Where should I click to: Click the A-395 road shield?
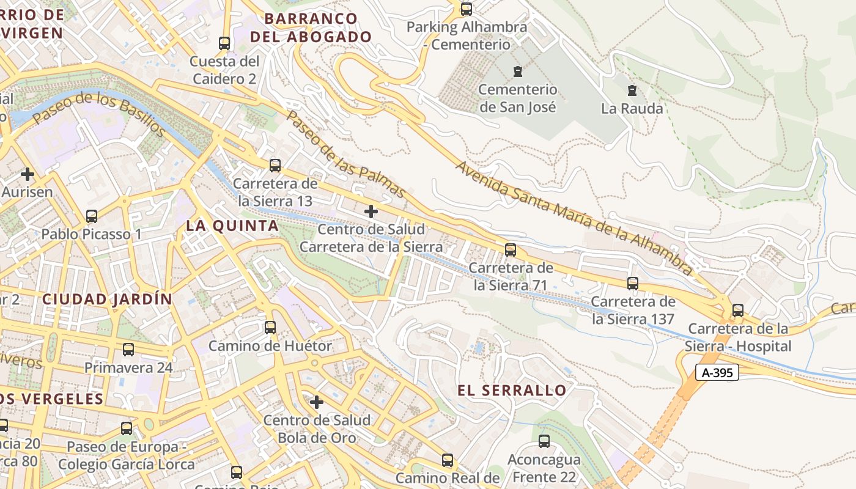point(717,372)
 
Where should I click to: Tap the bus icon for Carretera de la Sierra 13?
point(275,165)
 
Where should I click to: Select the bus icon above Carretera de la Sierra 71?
point(511,249)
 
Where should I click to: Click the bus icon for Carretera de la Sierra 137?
point(633,284)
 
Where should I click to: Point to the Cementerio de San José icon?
point(518,71)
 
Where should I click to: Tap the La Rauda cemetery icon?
point(632,90)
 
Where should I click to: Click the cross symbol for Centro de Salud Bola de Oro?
point(317,402)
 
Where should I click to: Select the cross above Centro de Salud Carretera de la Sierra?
point(371,211)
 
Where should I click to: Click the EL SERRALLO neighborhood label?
point(512,391)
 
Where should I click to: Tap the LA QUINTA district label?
point(232,226)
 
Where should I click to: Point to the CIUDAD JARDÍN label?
point(107,300)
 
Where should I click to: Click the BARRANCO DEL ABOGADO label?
point(311,28)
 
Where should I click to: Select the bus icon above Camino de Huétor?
point(270,327)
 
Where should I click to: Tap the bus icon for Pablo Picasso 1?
point(92,216)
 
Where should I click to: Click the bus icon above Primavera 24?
point(128,350)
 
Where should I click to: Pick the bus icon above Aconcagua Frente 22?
point(544,441)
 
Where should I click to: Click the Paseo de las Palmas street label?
point(346,154)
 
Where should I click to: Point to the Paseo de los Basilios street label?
point(99,114)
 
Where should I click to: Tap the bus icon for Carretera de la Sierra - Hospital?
point(738,311)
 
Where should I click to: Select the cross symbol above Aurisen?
point(28,174)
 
